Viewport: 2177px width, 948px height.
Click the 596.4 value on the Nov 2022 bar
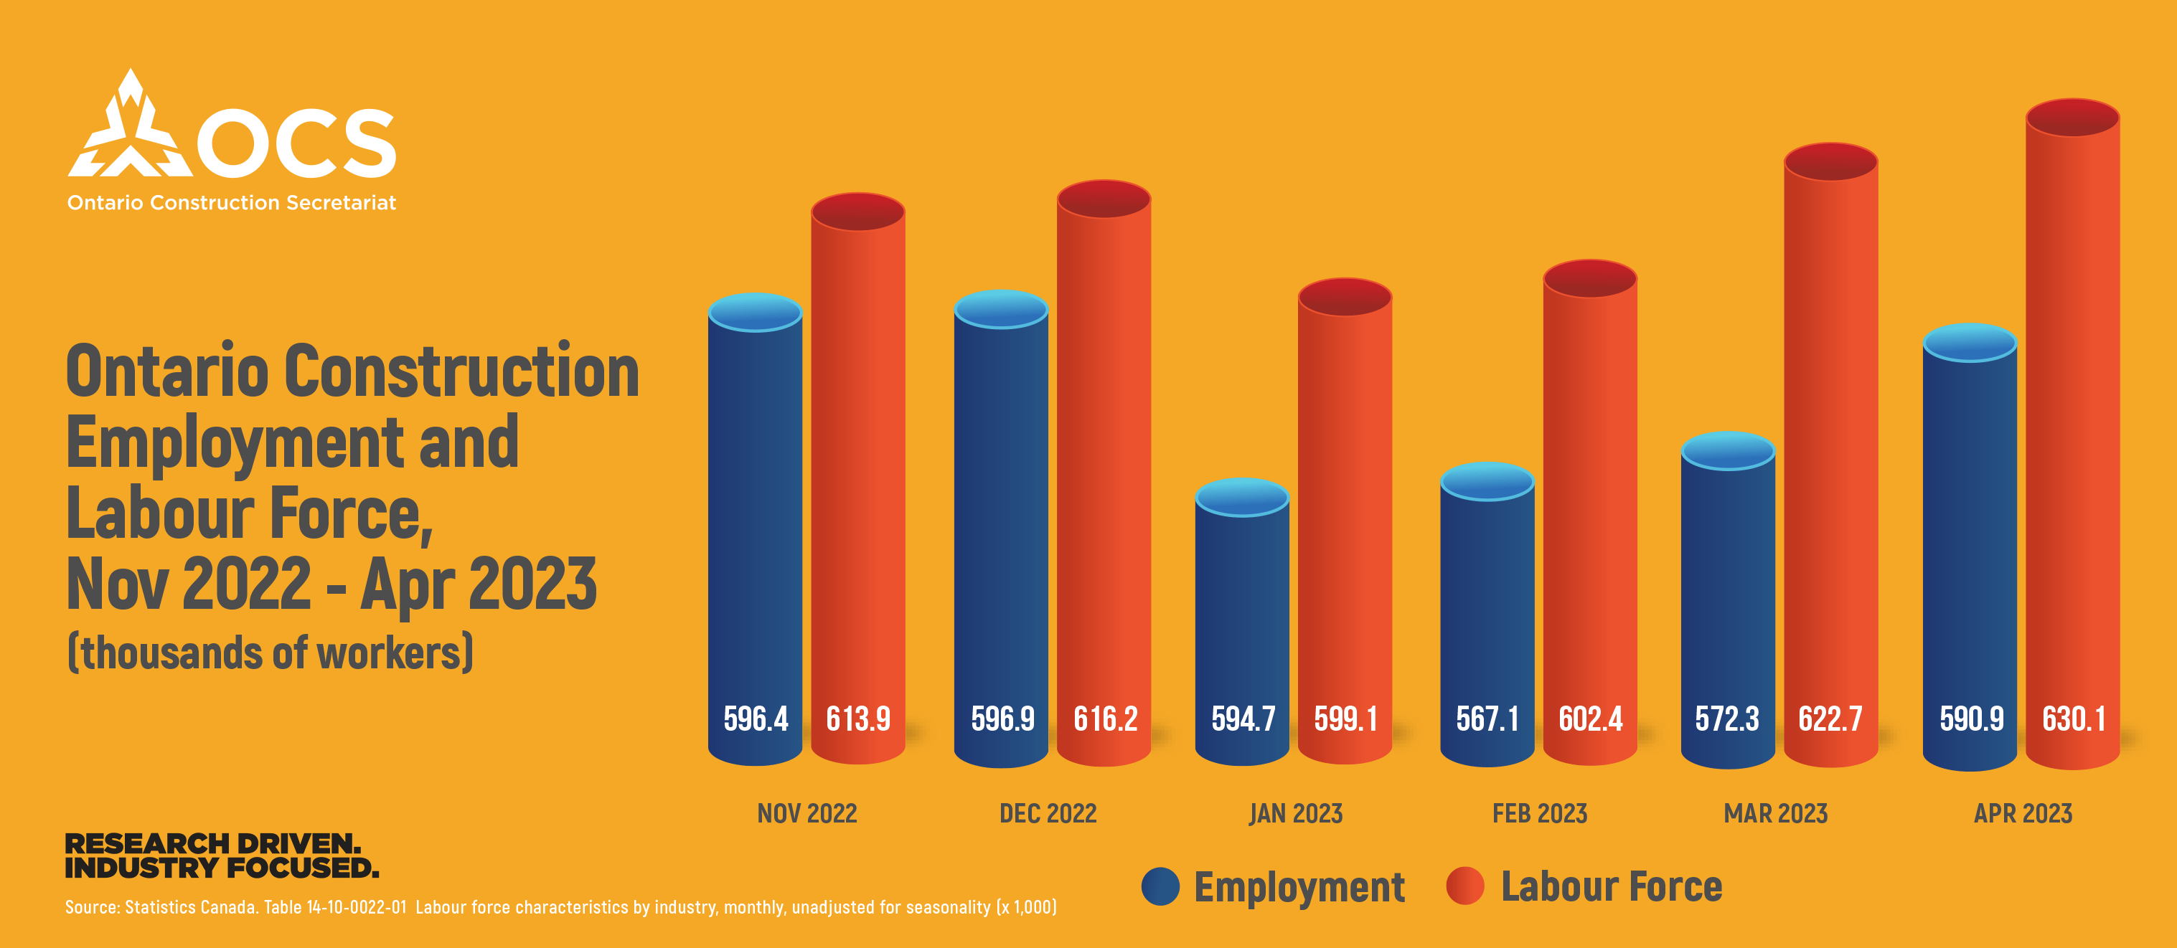[755, 719]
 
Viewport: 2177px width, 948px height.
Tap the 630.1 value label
[2073, 719]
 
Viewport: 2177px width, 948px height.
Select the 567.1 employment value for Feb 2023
[1487, 719]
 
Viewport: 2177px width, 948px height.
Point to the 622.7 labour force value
[1830, 719]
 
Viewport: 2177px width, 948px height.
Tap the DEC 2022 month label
[1047, 814]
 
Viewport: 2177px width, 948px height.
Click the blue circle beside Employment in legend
[1160, 886]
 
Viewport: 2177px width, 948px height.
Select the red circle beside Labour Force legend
[1464, 886]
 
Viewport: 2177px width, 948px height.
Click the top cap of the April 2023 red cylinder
[2072, 118]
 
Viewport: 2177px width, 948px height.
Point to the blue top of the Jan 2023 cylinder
[1241, 497]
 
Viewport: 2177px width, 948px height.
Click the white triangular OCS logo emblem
[130, 131]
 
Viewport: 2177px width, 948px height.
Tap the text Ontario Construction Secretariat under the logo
[232, 203]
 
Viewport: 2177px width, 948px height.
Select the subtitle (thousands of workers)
[271, 653]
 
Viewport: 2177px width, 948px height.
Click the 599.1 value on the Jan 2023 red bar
[1345, 719]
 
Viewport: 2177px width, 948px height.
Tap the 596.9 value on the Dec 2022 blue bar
[1002, 719]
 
